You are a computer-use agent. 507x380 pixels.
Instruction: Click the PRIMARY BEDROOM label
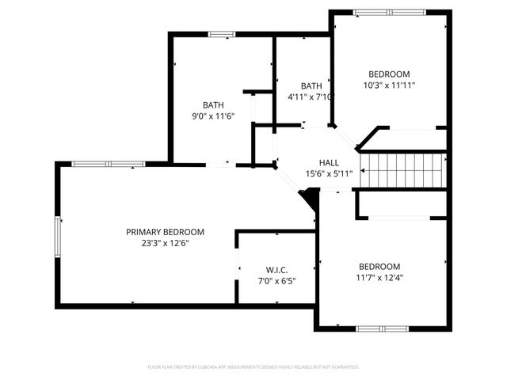point(165,232)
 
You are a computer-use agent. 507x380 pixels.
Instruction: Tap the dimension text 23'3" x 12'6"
point(165,243)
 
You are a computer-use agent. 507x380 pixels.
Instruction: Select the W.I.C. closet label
point(277,269)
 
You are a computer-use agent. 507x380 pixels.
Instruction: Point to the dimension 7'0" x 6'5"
point(277,280)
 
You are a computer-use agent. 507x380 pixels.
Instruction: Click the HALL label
point(329,162)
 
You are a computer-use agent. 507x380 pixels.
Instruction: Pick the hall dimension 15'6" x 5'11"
point(329,173)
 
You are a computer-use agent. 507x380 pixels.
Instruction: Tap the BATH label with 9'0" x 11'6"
point(213,104)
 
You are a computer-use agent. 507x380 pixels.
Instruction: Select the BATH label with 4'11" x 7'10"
point(311,86)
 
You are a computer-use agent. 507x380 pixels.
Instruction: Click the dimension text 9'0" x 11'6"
point(213,116)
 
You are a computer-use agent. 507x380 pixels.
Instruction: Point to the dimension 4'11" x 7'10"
point(311,97)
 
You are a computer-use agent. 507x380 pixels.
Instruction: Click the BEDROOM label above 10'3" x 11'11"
point(389,74)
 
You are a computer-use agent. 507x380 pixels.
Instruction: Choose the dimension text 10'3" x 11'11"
point(389,85)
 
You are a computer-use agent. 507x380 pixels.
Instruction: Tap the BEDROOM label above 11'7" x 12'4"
point(379,267)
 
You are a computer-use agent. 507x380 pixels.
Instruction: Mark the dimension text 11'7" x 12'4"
point(379,278)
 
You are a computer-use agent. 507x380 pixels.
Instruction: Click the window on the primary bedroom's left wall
point(57,237)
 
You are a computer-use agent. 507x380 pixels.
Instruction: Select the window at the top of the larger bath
point(221,34)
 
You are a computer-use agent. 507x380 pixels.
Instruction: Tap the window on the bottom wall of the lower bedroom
point(382,328)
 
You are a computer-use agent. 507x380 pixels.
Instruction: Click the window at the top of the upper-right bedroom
point(389,12)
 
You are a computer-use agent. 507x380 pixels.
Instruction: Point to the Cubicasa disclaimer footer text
point(253,367)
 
